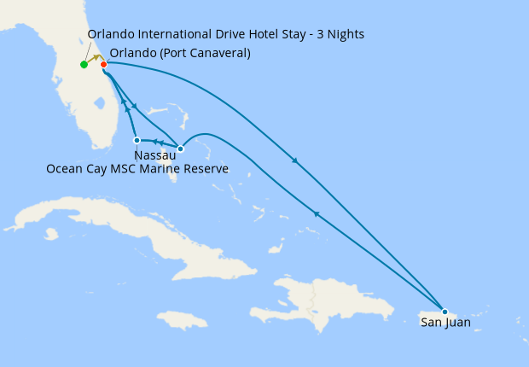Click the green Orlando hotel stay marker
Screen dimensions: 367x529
tap(84, 65)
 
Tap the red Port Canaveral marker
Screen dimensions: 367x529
tap(103, 65)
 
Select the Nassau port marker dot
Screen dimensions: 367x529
tap(180, 149)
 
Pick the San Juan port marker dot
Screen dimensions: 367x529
tap(445, 312)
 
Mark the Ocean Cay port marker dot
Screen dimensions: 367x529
tap(137, 140)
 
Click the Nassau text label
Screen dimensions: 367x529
tap(155, 156)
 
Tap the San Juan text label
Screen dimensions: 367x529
tap(445, 323)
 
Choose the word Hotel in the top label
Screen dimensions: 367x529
tap(241, 35)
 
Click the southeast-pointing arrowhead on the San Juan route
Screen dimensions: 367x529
tap(295, 160)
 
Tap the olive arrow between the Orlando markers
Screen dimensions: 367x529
tap(95, 59)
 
